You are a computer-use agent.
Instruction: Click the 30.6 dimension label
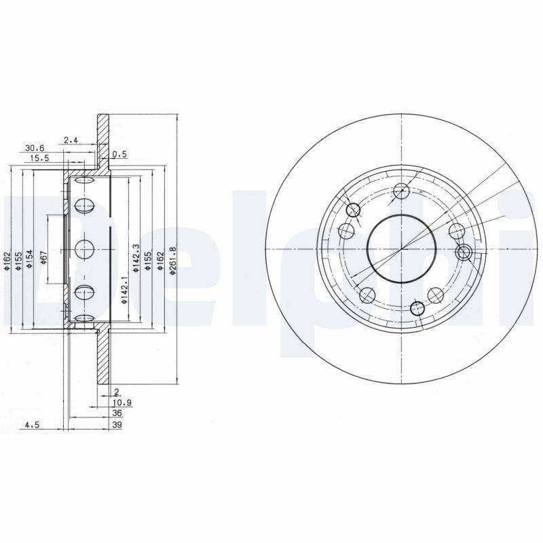point(35,147)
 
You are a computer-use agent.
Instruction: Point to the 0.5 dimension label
point(119,154)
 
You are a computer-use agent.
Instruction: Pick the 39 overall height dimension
point(116,426)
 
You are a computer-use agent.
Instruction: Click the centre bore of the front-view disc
point(401,248)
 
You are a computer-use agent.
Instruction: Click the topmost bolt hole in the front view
point(400,190)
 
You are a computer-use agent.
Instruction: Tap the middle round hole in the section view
point(85,249)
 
